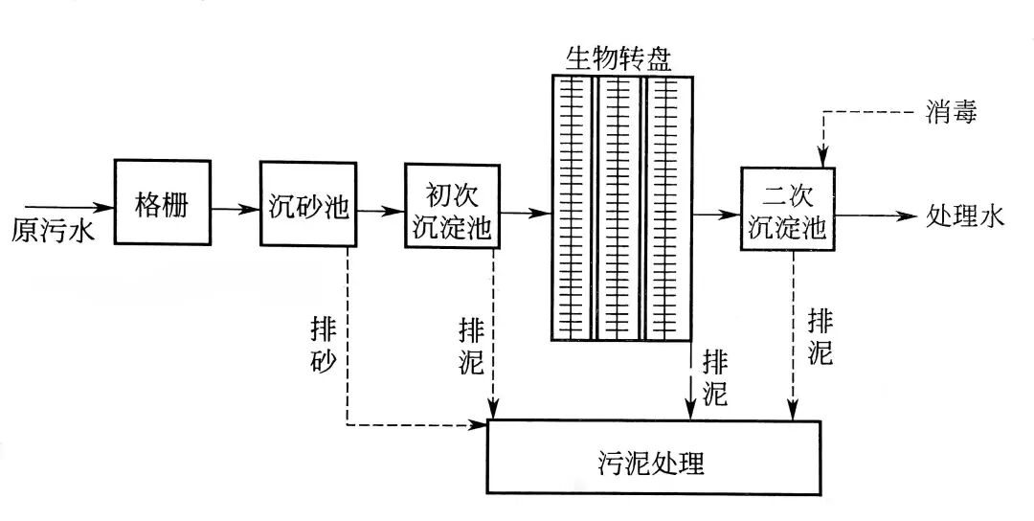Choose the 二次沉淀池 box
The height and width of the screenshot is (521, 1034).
788,210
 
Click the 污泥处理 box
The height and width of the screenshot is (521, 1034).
656,458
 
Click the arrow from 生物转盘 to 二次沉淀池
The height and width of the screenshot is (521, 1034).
717,215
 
